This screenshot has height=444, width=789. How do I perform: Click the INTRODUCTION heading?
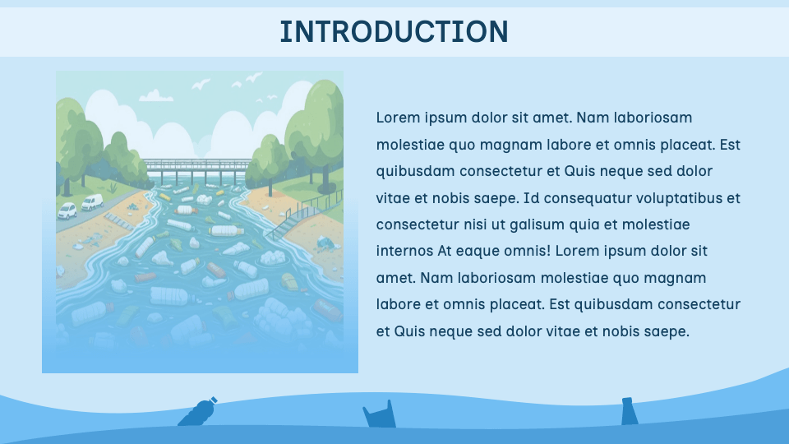coord(394,31)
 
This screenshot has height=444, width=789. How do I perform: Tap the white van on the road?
coord(91,202)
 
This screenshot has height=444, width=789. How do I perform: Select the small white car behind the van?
coord(67,210)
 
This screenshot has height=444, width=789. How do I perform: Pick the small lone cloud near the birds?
coord(154,95)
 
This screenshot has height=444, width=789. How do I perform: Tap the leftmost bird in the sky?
coord(201,84)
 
